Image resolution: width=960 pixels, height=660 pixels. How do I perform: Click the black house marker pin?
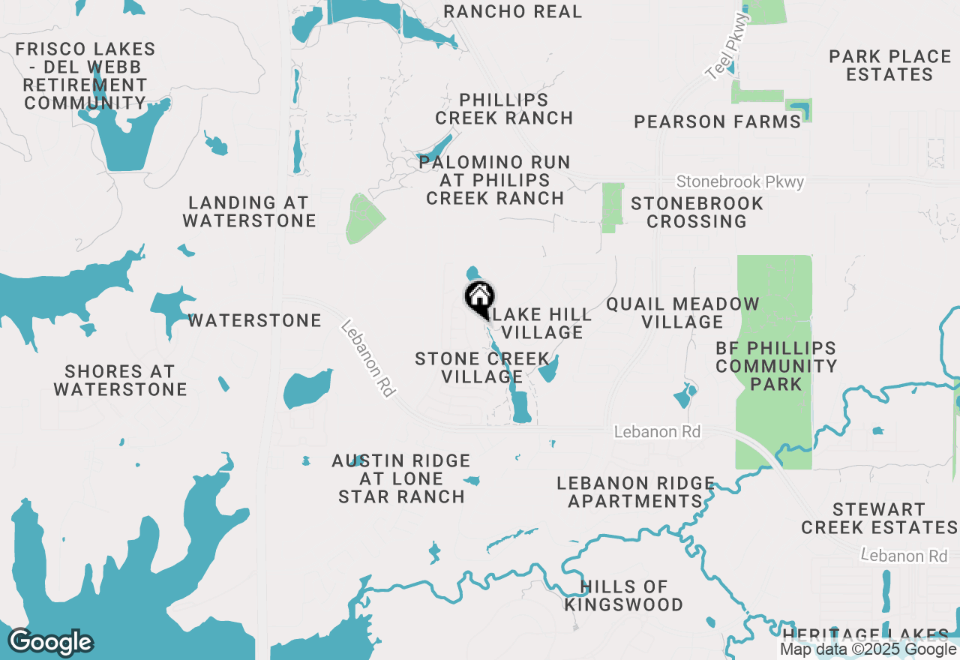click(x=479, y=298)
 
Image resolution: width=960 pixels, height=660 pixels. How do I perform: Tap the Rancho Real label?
click(x=512, y=11)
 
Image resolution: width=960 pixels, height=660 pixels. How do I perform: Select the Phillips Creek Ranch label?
click(x=504, y=109)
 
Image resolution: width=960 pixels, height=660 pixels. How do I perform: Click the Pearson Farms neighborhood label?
click(x=718, y=121)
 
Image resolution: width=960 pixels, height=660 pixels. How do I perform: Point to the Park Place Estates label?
click(x=890, y=65)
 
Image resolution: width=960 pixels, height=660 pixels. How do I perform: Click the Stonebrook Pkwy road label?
click(x=739, y=182)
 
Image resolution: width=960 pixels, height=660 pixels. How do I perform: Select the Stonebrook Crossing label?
click(x=697, y=212)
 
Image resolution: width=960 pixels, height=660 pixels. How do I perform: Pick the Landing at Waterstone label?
click(x=249, y=211)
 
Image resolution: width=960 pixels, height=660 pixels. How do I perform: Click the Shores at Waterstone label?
click(x=120, y=380)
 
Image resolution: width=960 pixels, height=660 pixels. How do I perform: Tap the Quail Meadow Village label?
click(x=682, y=313)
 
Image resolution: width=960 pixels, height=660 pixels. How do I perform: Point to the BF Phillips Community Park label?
click(x=775, y=366)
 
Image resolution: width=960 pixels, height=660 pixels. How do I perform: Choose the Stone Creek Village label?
click(x=481, y=367)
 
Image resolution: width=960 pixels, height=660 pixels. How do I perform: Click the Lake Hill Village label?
click(x=543, y=323)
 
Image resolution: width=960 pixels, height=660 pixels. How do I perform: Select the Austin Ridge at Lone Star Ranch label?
click(x=401, y=478)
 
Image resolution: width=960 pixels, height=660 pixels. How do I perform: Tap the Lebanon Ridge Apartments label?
click(x=635, y=492)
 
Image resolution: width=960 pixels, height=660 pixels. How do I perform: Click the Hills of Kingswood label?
click(x=623, y=595)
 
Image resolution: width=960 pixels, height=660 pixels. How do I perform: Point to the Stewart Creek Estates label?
click(x=879, y=518)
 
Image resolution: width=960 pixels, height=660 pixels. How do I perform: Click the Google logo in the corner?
click(x=50, y=643)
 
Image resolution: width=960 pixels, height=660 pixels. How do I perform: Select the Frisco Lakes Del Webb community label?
click(x=85, y=76)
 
